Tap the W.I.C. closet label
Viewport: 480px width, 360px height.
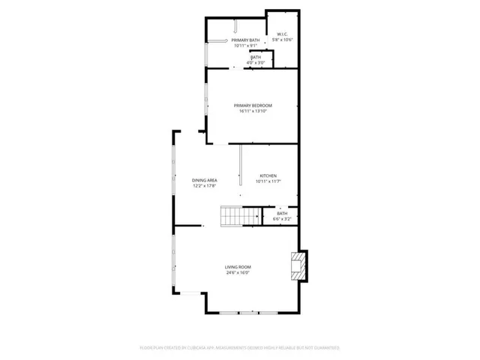(x=283, y=34)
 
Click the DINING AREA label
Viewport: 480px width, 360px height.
(x=204, y=180)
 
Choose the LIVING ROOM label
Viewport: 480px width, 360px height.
(x=238, y=267)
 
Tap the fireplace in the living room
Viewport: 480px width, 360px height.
(x=298, y=266)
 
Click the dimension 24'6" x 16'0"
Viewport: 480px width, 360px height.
(x=238, y=273)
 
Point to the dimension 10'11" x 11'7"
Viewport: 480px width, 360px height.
(x=268, y=181)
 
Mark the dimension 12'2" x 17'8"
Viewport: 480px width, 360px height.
(x=204, y=186)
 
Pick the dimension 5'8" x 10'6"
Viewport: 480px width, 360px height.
(x=283, y=40)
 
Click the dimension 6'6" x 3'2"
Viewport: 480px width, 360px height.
(x=282, y=220)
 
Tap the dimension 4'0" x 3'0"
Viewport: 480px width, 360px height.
(x=256, y=63)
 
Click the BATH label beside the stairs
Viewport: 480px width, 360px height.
(x=282, y=214)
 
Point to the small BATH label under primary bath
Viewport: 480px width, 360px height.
(x=256, y=57)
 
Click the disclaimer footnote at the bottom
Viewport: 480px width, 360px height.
(x=240, y=348)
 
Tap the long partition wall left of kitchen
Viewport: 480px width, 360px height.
(x=240, y=164)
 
